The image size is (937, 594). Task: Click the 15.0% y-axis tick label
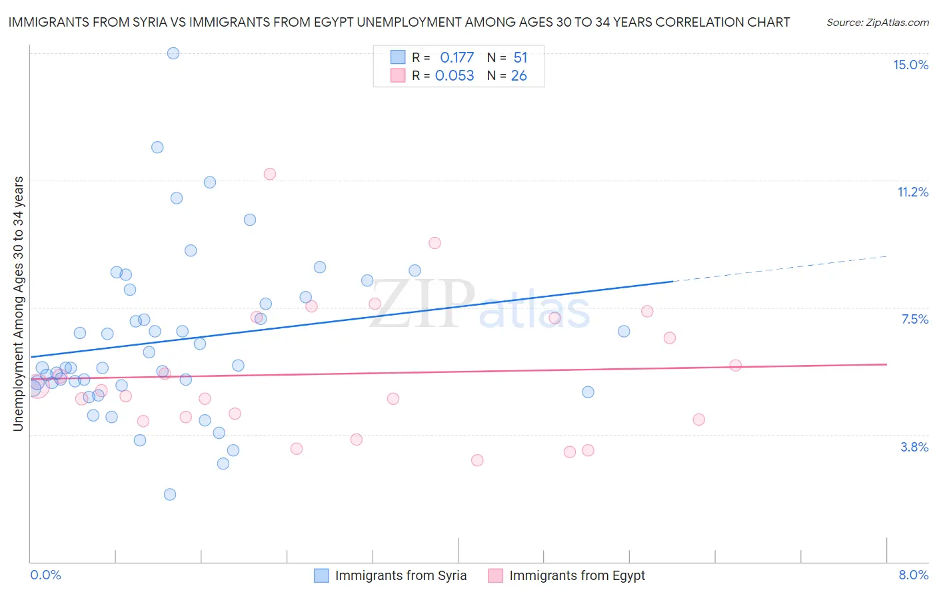910,65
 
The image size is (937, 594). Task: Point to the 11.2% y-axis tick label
912,192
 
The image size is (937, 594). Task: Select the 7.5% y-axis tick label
914,319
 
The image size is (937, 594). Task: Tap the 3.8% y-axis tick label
914,447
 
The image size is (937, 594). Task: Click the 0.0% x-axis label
45,575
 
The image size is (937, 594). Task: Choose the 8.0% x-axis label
913,575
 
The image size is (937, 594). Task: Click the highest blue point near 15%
173,53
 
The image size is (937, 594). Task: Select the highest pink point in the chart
270,174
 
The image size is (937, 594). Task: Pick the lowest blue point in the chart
170,494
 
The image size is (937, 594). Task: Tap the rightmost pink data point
736,365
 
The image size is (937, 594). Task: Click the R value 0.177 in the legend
457,58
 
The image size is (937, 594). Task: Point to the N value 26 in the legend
518,76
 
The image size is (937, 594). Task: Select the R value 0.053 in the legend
455,76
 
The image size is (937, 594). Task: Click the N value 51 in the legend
520,58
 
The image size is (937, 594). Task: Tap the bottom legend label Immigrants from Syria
401,575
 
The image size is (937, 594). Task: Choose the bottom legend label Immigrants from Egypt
577,575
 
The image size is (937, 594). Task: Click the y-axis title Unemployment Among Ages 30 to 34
19,304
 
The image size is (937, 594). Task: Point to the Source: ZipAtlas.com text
877,23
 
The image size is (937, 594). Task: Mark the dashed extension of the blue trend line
780,269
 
